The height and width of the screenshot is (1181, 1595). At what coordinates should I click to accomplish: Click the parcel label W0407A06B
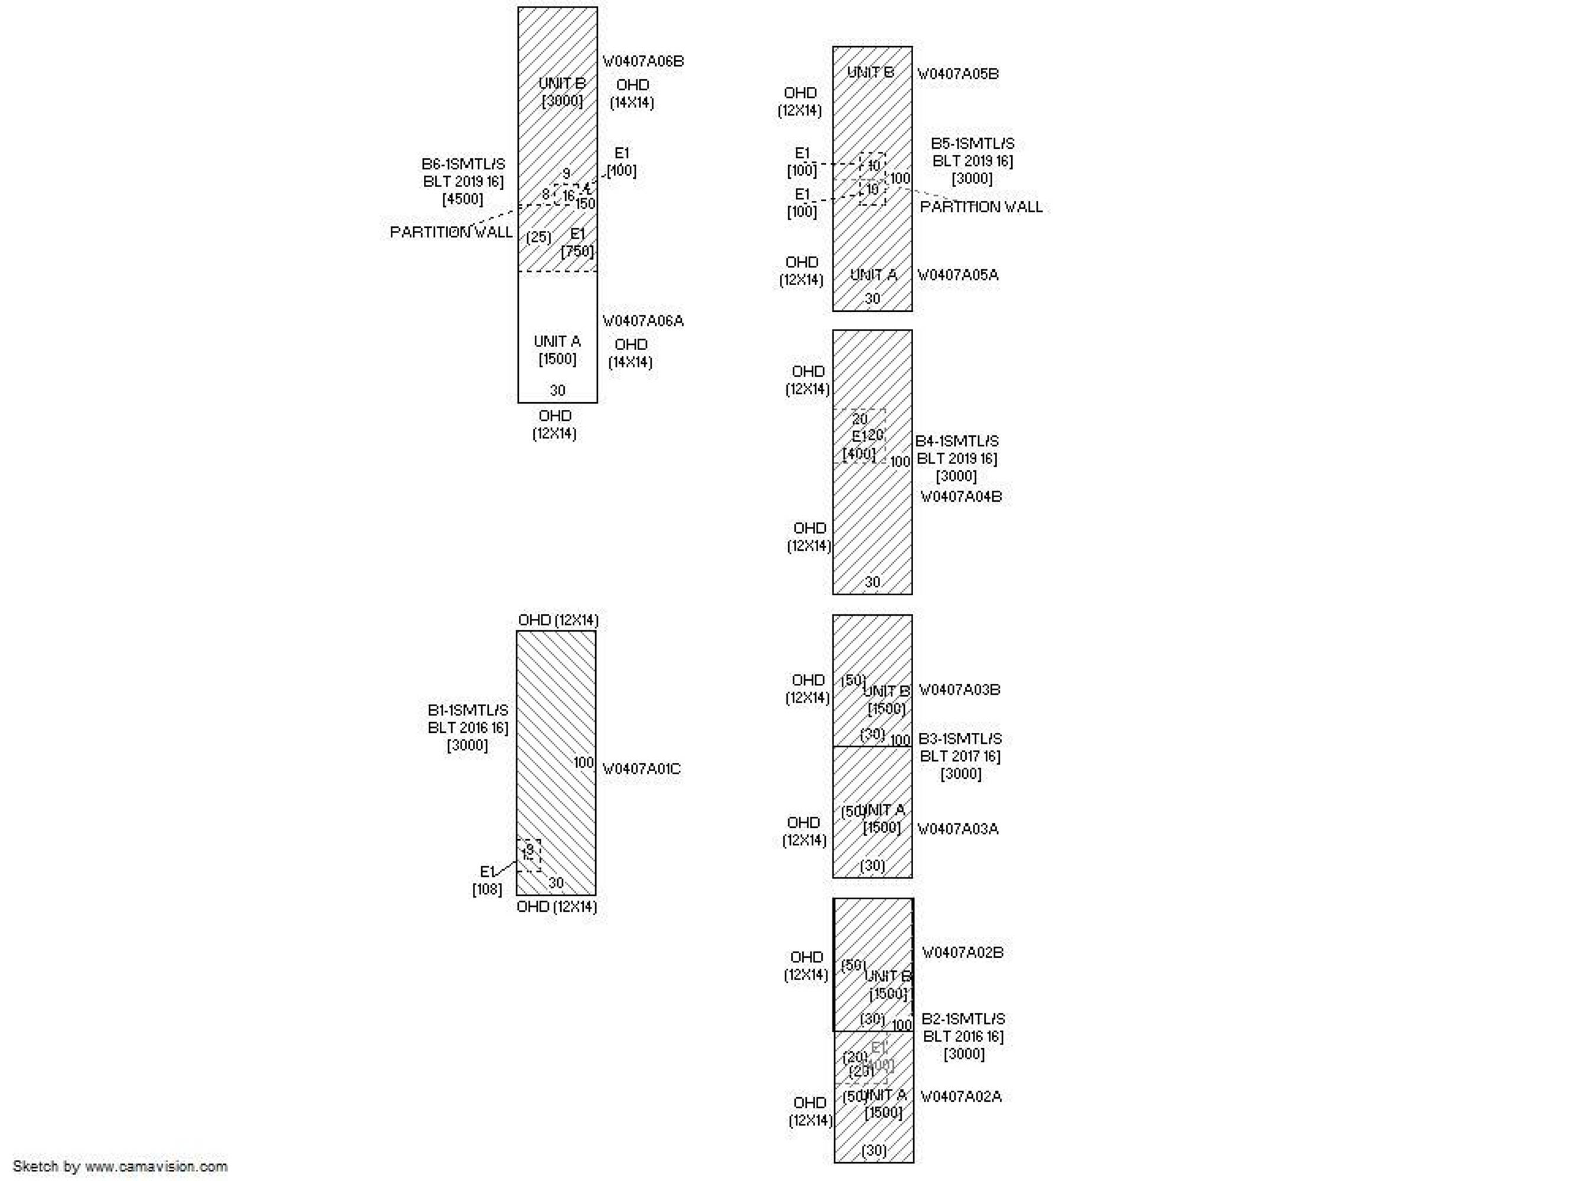642,61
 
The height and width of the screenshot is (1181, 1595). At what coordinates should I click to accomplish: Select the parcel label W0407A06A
642,321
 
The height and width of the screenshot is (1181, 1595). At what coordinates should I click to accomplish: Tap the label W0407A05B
957,74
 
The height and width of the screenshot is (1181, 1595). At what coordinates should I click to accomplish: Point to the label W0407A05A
957,275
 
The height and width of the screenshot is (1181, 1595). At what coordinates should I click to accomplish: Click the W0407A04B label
960,497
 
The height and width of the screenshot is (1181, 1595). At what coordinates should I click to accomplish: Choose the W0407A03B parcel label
959,690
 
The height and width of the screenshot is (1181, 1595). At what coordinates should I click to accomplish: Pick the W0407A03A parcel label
957,829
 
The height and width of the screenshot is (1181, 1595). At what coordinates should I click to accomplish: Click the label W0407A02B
962,953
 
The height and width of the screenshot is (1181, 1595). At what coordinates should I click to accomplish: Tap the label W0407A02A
960,1097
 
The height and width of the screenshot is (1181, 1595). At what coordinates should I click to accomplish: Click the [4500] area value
462,200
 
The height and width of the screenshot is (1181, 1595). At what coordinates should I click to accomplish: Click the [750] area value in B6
577,252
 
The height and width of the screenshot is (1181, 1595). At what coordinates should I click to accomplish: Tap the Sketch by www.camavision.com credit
120,1166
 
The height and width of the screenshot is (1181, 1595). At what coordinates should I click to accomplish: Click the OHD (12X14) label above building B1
558,620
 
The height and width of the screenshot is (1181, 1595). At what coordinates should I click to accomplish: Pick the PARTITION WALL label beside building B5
980,207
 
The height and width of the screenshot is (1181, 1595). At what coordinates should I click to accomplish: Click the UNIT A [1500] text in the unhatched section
557,350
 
